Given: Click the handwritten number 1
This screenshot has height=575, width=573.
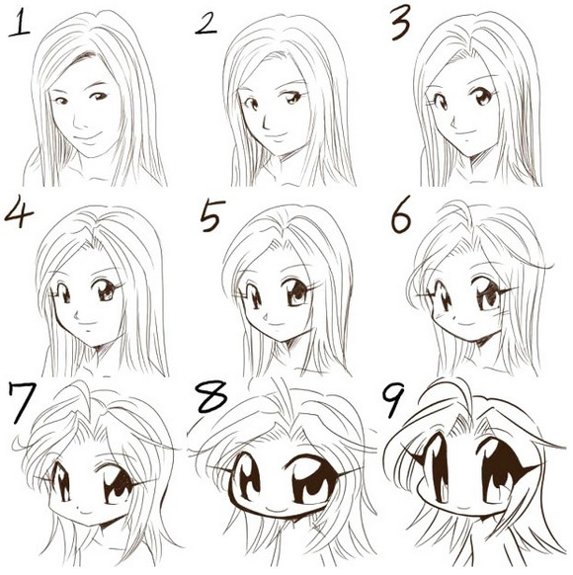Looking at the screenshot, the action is pos(20,23).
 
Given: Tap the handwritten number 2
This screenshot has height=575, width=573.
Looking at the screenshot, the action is pos(206,25).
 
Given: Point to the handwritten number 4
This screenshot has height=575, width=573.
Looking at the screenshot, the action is pos(19,211).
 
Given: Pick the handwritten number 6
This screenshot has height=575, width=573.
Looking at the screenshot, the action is pos(401,216).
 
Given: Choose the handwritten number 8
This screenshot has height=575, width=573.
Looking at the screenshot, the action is pos(211,397).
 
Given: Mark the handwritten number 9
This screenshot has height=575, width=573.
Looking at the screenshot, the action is pos(393,400).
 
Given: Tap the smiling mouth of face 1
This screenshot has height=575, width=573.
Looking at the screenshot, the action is pos(87,136).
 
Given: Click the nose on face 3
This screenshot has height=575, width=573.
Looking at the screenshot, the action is pos(453,123).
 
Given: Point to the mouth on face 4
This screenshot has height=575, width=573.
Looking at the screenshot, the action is pos(87,324).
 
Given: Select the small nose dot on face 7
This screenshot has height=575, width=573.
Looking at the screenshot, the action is pos(80,508).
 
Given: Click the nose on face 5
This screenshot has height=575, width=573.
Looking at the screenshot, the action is pos(266,316).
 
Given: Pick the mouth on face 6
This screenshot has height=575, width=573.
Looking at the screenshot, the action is pos(465,324).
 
